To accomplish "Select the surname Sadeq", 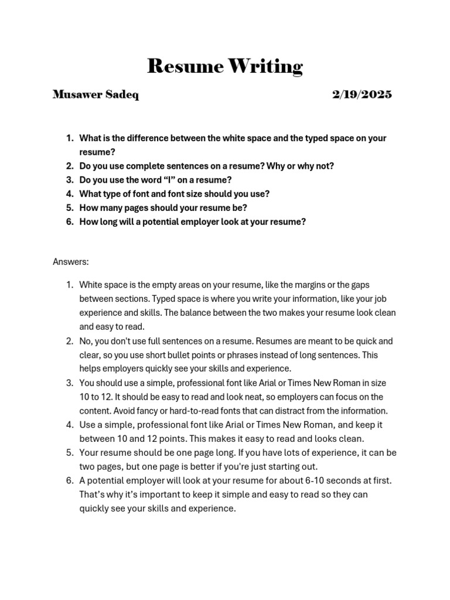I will [122, 95].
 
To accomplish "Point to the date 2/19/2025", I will [362, 95].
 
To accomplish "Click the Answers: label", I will [70, 261].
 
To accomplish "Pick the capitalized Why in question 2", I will [275, 166].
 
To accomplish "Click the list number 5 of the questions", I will [69, 208].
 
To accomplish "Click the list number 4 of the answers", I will [69, 425].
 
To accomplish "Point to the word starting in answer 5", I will [284, 466].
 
